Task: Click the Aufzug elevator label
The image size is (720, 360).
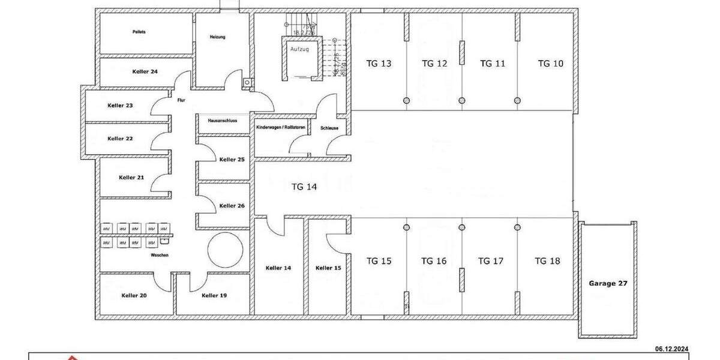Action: click(x=299, y=49)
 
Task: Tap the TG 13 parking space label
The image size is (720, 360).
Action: click(x=379, y=63)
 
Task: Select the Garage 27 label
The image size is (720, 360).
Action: click(x=608, y=283)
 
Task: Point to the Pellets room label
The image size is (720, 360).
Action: click(x=139, y=31)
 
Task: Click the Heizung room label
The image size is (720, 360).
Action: click(x=217, y=37)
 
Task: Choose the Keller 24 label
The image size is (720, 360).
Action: click(x=145, y=71)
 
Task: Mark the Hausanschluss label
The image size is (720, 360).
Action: click(x=223, y=121)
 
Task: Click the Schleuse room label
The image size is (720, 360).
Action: click(x=330, y=128)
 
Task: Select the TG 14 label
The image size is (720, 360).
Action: click(x=304, y=187)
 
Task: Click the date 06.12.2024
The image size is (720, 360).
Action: click(x=671, y=349)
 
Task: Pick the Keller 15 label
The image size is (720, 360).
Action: click(x=328, y=268)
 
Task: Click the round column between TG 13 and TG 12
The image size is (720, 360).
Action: click(x=406, y=100)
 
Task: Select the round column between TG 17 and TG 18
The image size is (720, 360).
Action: click(x=517, y=227)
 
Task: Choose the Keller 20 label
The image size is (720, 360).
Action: click(x=134, y=295)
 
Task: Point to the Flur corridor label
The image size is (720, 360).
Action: click(x=181, y=100)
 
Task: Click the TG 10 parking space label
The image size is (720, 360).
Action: click(x=550, y=63)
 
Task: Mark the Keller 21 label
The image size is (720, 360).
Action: click(x=131, y=178)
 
